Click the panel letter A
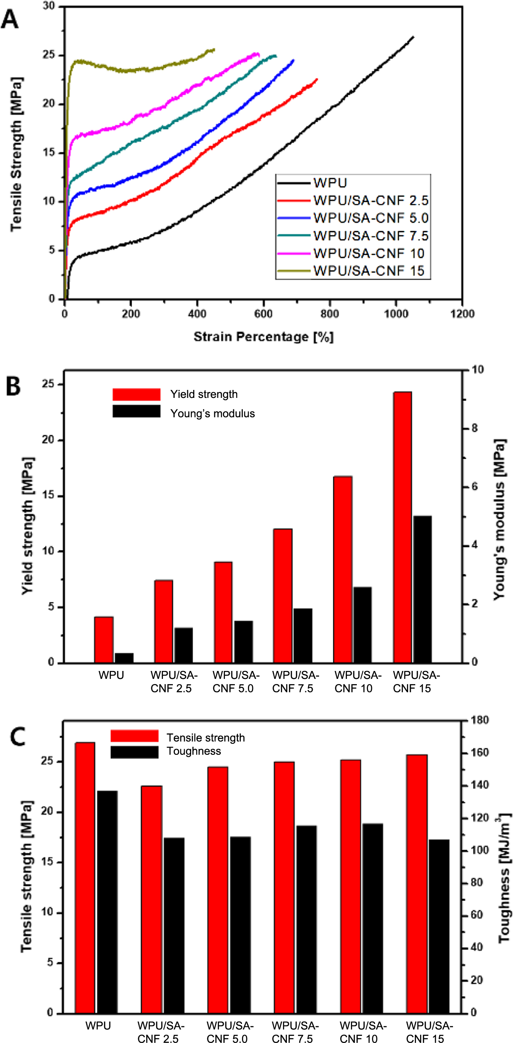click(10, 19)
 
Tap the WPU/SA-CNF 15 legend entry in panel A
click(368, 271)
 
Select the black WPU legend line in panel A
click(294, 183)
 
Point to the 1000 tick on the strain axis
click(396, 314)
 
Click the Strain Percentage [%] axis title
click(263, 337)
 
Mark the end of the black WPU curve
click(413, 37)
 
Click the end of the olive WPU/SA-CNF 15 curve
click(214, 49)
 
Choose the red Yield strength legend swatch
click(136, 394)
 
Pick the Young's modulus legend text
click(213, 413)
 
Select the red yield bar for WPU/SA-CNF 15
click(403, 527)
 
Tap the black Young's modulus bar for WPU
click(124, 657)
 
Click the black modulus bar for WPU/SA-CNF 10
click(362, 624)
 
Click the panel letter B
click(14, 386)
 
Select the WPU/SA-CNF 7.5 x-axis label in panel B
click(295, 681)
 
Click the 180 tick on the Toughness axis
click(479, 720)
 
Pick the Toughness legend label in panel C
click(194, 751)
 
